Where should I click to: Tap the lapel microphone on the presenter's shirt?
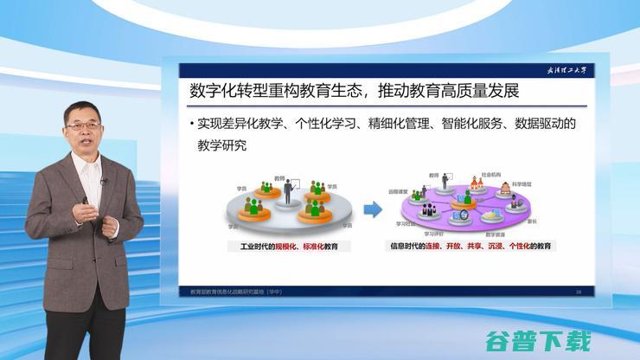click(x=103, y=182)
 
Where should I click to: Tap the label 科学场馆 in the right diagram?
click(x=521, y=184)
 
